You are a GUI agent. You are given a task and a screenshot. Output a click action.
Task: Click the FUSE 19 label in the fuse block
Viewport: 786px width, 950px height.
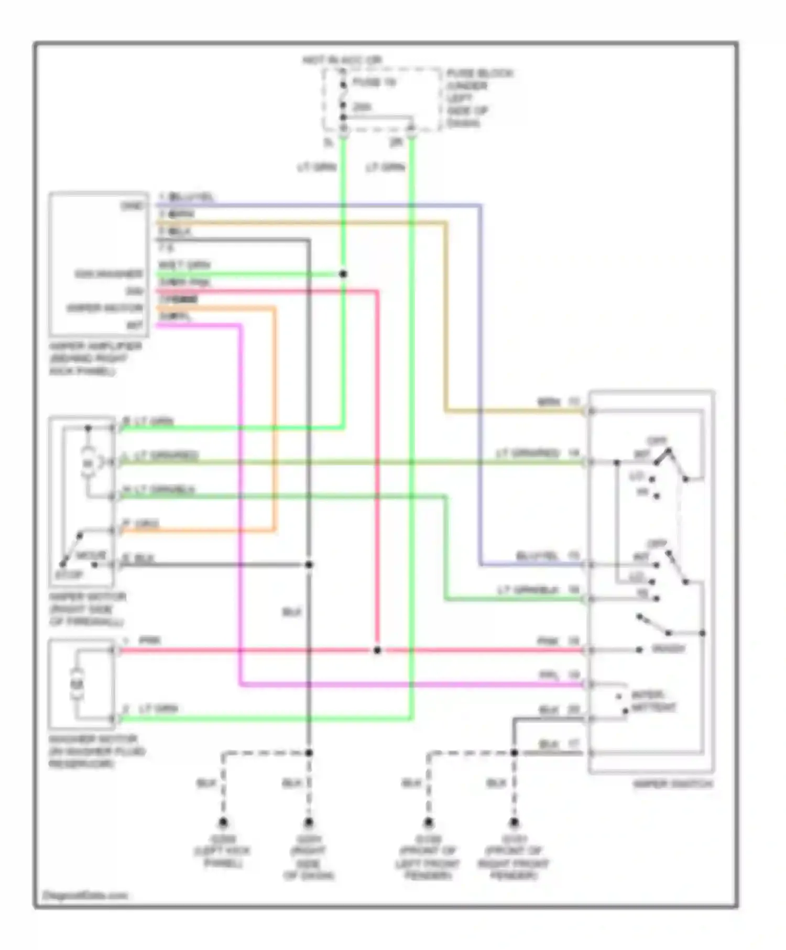click(x=374, y=82)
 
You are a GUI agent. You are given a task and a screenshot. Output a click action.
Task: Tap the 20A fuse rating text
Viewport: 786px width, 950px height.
click(x=362, y=107)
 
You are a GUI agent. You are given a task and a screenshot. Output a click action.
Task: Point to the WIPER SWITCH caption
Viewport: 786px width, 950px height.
click(x=673, y=784)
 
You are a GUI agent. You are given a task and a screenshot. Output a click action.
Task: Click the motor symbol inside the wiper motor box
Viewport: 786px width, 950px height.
click(x=88, y=462)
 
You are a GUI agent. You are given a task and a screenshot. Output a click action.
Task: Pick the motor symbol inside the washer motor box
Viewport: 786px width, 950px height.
click(x=78, y=684)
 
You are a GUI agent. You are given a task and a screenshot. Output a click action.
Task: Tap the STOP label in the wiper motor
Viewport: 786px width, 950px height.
click(x=69, y=575)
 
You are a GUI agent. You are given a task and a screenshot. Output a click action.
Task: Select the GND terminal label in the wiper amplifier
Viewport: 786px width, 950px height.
click(x=132, y=206)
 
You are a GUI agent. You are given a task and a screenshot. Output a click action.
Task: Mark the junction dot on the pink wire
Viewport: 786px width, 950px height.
click(x=377, y=650)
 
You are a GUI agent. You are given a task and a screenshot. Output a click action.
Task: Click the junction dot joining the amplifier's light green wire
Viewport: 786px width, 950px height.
click(x=343, y=274)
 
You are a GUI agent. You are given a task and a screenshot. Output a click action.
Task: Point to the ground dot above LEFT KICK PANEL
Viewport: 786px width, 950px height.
click(x=223, y=822)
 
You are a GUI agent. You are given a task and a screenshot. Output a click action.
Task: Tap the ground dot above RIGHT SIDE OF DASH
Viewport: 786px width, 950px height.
click(x=309, y=822)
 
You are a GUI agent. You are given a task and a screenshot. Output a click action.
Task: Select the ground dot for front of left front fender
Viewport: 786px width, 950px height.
click(x=429, y=822)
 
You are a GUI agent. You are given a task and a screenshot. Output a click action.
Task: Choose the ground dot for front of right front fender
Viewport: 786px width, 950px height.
click(x=514, y=822)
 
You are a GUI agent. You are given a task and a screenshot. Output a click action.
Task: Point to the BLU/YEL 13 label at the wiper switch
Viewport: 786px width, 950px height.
click(x=548, y=556)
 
